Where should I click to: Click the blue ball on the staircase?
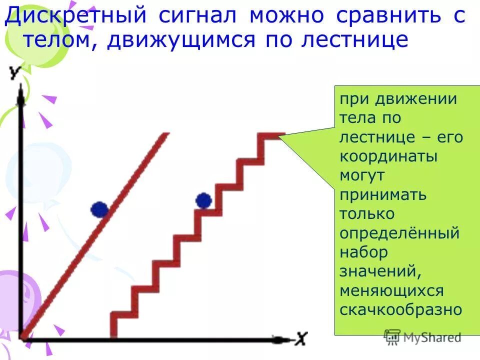(203, 201)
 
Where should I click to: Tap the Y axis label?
(15, 73)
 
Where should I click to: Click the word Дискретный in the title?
(75, 16)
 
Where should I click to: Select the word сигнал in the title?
(198, 16)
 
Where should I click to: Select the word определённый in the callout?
(399, 233)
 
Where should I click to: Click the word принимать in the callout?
(383, 194)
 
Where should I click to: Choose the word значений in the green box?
(378, 271)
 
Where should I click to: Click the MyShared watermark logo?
(423, 337)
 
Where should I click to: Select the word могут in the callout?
(362, 175)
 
